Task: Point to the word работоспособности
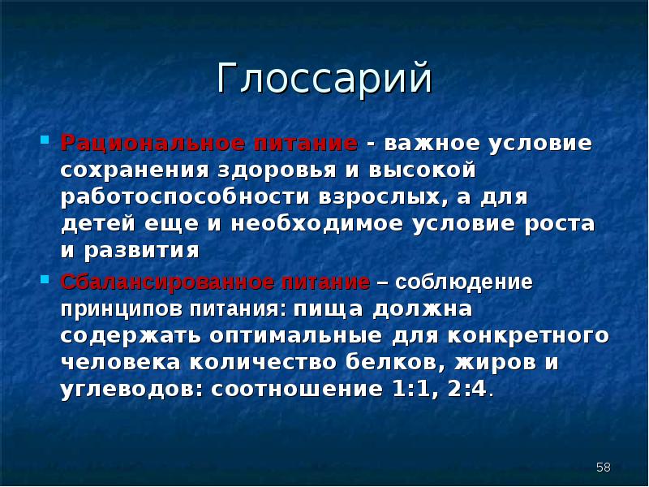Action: click(x=175, y=197)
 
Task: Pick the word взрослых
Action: click(x=380, y=197)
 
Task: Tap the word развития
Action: click(x=148, y=250)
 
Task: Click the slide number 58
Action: click(x=603, y=467)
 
